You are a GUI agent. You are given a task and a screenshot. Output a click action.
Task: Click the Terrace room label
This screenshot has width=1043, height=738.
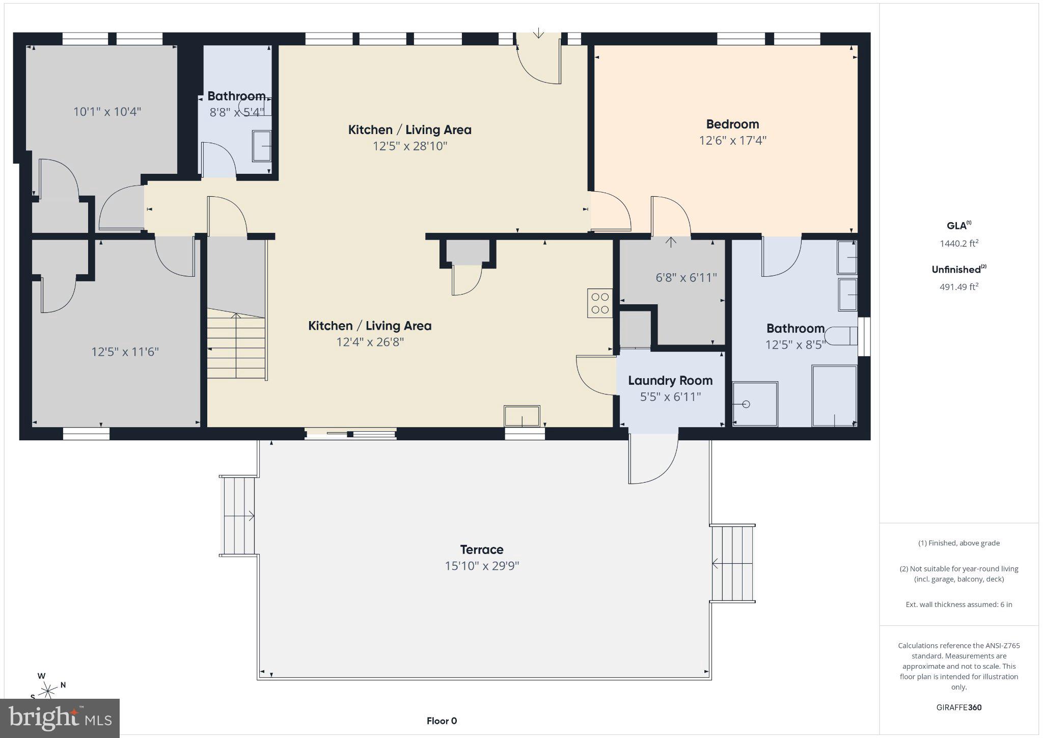481,549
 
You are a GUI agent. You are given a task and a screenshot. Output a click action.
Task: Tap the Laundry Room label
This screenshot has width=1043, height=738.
670,380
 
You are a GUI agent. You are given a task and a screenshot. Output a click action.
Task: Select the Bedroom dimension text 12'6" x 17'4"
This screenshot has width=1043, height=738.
732,140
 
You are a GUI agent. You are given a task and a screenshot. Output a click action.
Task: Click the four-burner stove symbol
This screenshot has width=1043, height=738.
599,303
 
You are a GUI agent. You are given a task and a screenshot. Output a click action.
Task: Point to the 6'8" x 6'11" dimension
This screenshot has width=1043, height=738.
686,277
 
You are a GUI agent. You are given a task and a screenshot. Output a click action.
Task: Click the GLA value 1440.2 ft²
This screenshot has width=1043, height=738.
958,244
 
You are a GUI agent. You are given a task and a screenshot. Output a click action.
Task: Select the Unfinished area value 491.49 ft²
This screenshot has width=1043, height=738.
958,287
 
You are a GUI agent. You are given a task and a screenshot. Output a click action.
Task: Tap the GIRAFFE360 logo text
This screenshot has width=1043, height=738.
958,707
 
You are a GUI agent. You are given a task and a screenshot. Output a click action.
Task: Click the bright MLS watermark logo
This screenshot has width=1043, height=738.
60,718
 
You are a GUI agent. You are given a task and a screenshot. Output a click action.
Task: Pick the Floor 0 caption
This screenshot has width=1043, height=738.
442,721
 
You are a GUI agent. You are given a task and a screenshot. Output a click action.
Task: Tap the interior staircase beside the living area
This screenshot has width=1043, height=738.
236,347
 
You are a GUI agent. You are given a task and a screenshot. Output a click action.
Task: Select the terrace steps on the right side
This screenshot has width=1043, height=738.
732,563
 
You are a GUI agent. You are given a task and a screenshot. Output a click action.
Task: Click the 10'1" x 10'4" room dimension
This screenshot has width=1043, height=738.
107,112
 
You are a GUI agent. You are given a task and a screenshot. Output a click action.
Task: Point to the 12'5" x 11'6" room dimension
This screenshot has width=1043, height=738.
125,352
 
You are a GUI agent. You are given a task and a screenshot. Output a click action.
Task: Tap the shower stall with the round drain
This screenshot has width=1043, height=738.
755,404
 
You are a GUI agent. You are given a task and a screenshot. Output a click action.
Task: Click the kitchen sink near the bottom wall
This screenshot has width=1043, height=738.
521,416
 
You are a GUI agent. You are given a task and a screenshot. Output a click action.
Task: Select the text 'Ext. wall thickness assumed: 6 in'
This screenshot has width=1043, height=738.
958,604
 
